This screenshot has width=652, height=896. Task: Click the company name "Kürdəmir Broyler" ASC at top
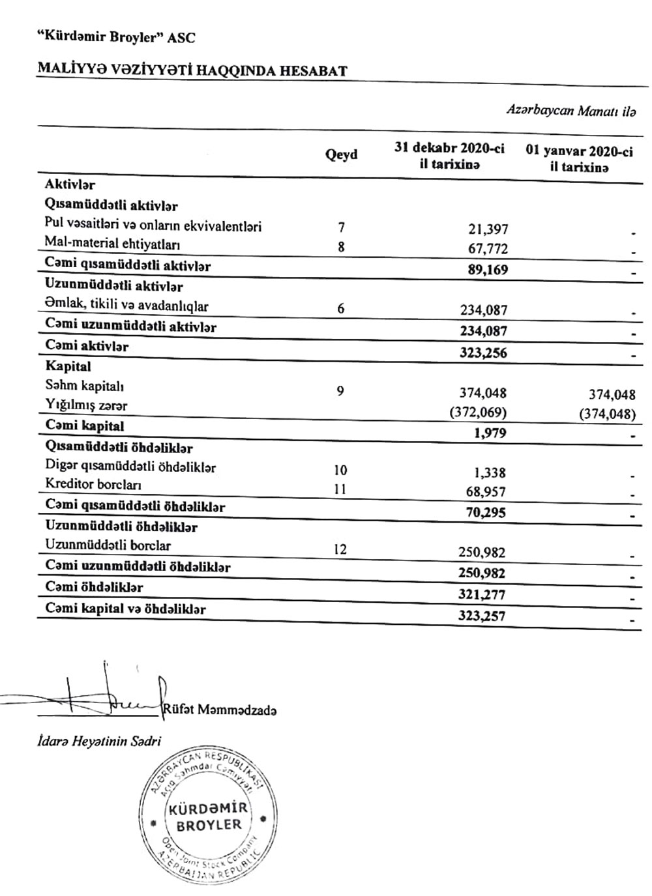click(x=116, y=38)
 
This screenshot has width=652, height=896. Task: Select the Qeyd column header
click(x=341, y=154)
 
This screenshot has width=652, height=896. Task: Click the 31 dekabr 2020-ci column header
click(x=449, y=156)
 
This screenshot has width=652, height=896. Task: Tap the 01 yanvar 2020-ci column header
click(x=579, y=159)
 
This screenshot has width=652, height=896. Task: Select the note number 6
click(x=341, y=309)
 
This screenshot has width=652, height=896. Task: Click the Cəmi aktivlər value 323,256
click(x=483, y=353)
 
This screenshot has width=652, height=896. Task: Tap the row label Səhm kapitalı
click(x=85, y=386)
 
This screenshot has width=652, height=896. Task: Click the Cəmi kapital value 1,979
click(x=490, y=433)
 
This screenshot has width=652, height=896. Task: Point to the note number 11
click(x=340, y=489)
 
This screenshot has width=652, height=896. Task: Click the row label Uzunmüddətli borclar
click(x=108, y=545)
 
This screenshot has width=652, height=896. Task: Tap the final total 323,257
click(x=482, y=616)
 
